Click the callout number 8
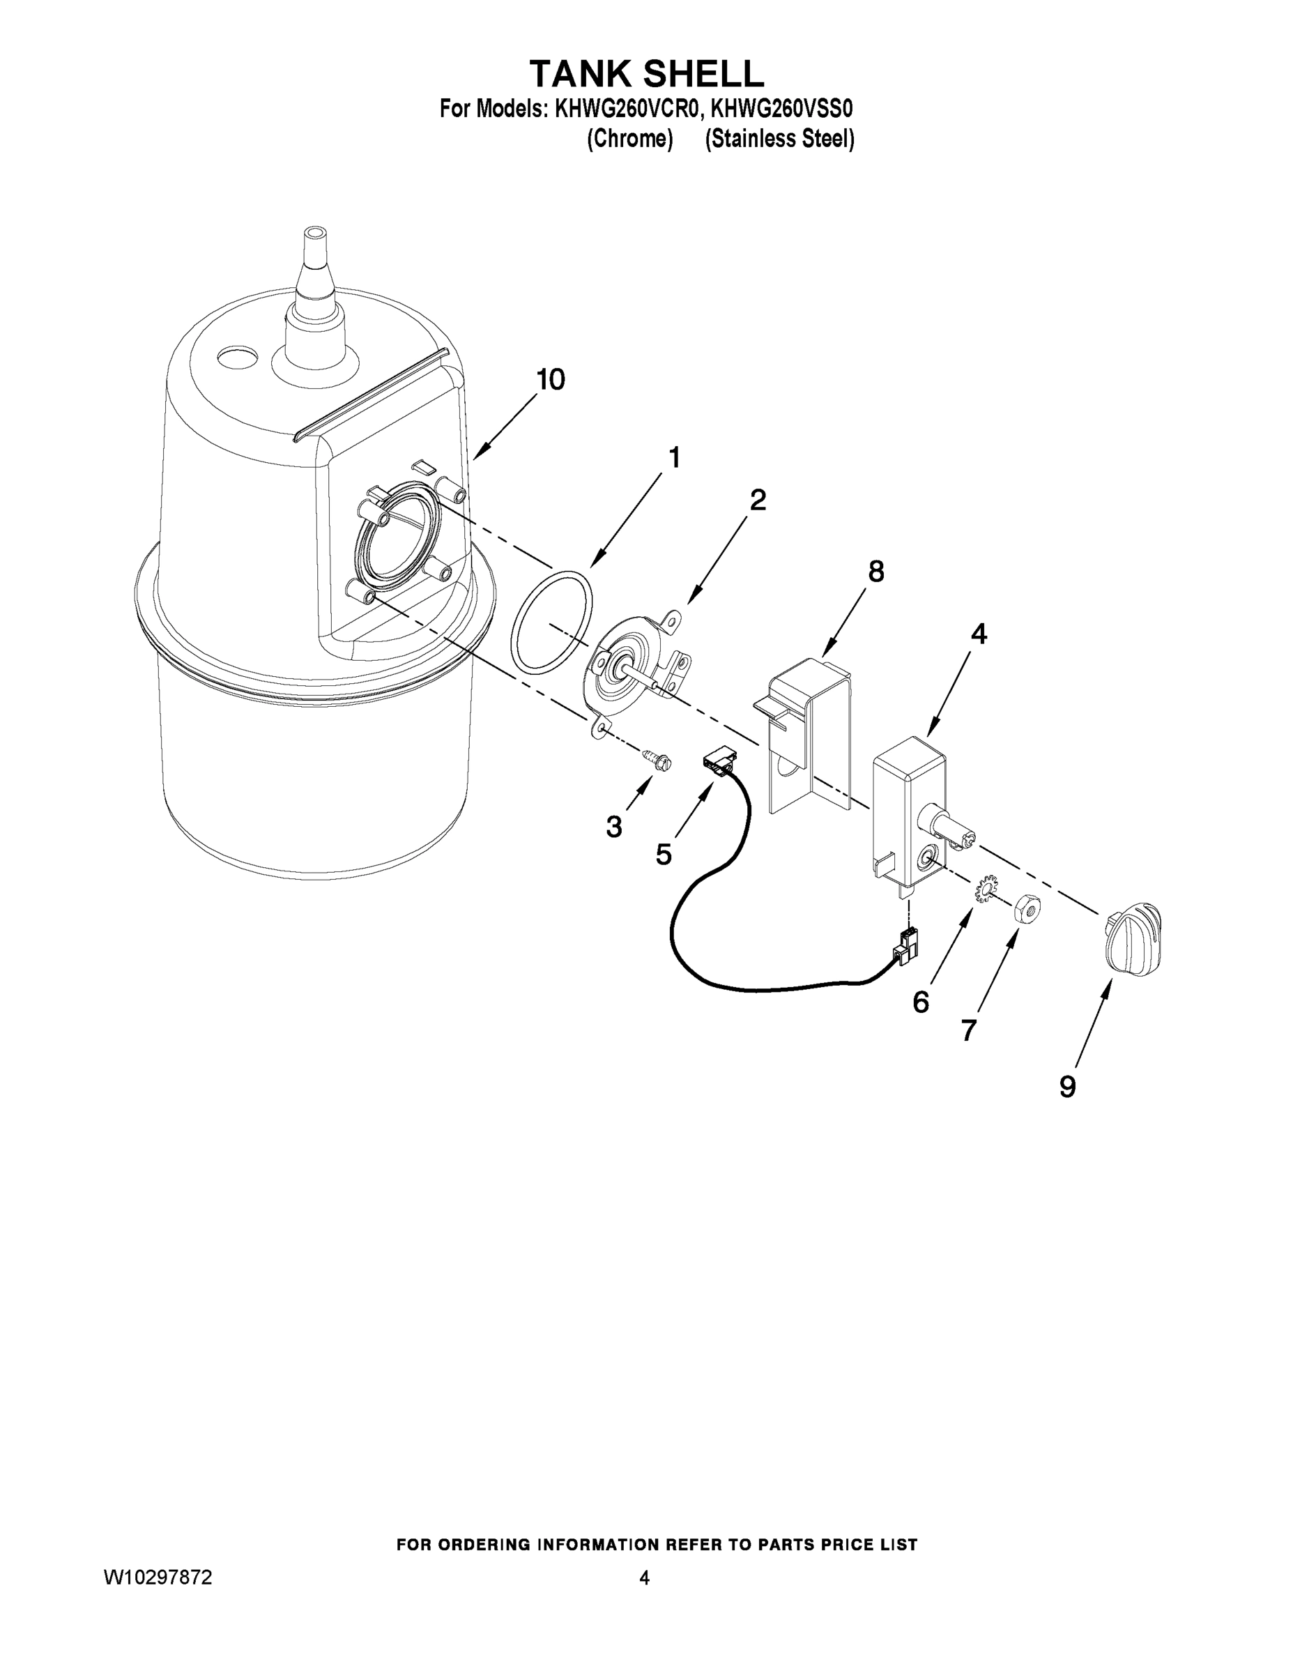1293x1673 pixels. (875, 572)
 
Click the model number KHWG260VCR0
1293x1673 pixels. (627, 109)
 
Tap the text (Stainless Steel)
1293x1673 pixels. (779, 139)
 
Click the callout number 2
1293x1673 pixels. (757, 501)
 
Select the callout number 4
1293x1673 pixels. (978, 634)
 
